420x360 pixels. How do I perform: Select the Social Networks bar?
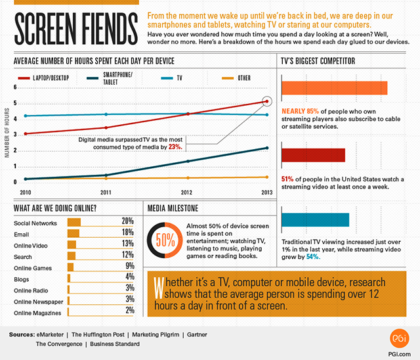(73, 221)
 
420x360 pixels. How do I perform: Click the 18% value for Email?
(127, 233)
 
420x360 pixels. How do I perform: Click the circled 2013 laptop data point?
(266, 101)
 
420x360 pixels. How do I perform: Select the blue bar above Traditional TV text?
(315, 219)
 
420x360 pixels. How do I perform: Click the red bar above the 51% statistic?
(313, 155)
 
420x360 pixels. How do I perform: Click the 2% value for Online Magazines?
(129, 311)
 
